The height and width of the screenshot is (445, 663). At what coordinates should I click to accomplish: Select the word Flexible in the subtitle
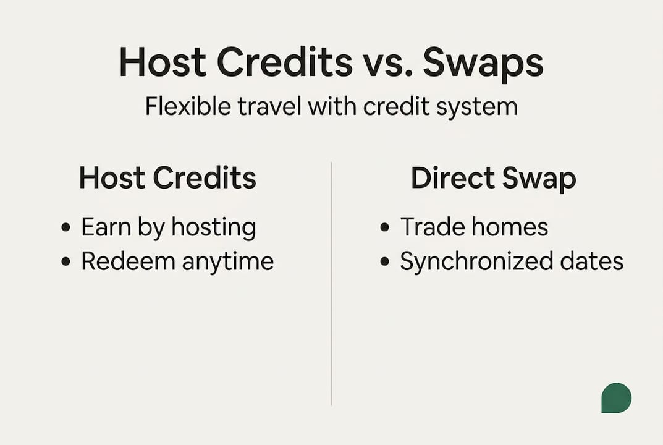[x=187, y=106]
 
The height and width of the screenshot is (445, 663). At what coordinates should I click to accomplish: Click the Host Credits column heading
[x=167, y=178]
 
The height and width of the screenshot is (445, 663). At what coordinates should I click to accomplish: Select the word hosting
[x=213, y=228]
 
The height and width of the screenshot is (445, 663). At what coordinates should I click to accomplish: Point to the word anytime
[x=227, y=261]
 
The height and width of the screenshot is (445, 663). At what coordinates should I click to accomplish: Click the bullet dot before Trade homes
[x=385, y=227]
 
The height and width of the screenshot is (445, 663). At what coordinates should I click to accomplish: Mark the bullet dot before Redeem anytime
[x=66, y=261]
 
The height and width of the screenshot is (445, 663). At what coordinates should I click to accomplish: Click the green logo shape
[x=616, y=398]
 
